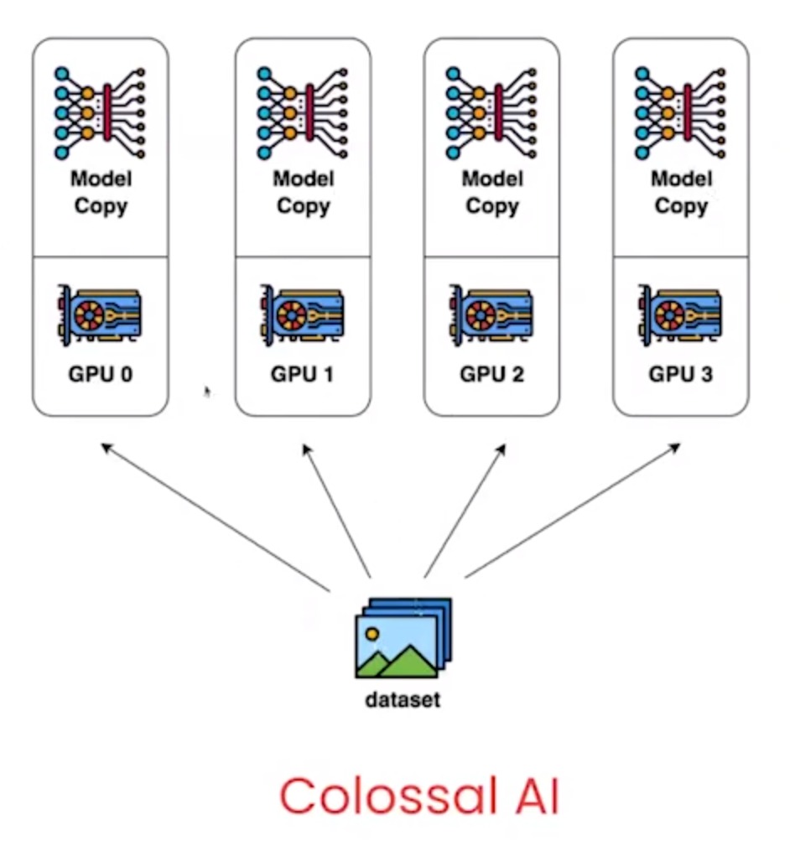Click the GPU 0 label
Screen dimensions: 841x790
(x=100, y=373)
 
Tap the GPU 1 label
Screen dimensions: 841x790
(x=302, y=373)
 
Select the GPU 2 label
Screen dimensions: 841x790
(x=491, y=373)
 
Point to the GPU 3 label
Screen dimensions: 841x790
(x=681, y=373)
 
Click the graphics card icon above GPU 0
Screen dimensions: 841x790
(x=99, y=316)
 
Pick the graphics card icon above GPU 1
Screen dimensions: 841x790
(x=302, y=316)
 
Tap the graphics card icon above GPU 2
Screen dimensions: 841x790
(x=491, y=316)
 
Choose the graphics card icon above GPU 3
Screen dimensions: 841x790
(x=680, y=316)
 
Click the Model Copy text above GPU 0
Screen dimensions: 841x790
(x=101, y=192)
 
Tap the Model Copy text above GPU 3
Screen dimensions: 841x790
(x=681, y=192)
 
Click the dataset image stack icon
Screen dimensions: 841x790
(x=403, y=638)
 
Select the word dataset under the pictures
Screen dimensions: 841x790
(x=403, y=698)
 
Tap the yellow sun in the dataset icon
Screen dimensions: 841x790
(x=372, y=635)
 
